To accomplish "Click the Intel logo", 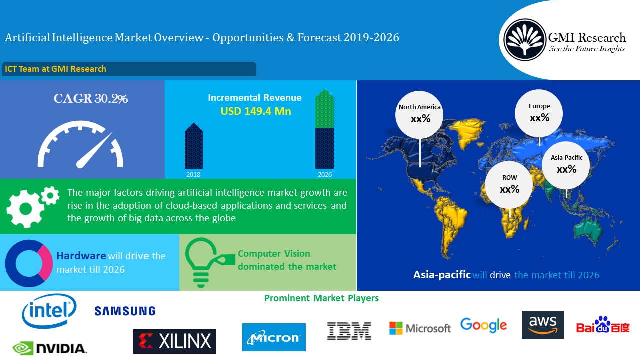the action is [49, 311].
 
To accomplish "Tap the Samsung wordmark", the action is [125, 311].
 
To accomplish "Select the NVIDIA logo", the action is [50, 348].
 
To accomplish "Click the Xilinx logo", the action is [174, 341].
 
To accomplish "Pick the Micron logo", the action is [274, 337].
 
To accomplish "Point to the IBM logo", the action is [349, 331].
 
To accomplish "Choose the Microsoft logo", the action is [420, 328].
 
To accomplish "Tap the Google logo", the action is [483, 325].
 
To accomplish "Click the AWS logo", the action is [543, 325].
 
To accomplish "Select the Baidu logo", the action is [603, 325].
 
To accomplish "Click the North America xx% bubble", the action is [419, 115].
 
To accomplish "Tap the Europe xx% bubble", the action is [539, 113].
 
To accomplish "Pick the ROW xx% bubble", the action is [509, 185].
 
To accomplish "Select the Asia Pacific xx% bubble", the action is [566, 165].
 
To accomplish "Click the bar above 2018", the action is [194, 146].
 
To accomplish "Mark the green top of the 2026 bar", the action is [324, 108].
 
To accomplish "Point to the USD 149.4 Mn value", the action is [256, 111].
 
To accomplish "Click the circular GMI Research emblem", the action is [525, 40].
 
